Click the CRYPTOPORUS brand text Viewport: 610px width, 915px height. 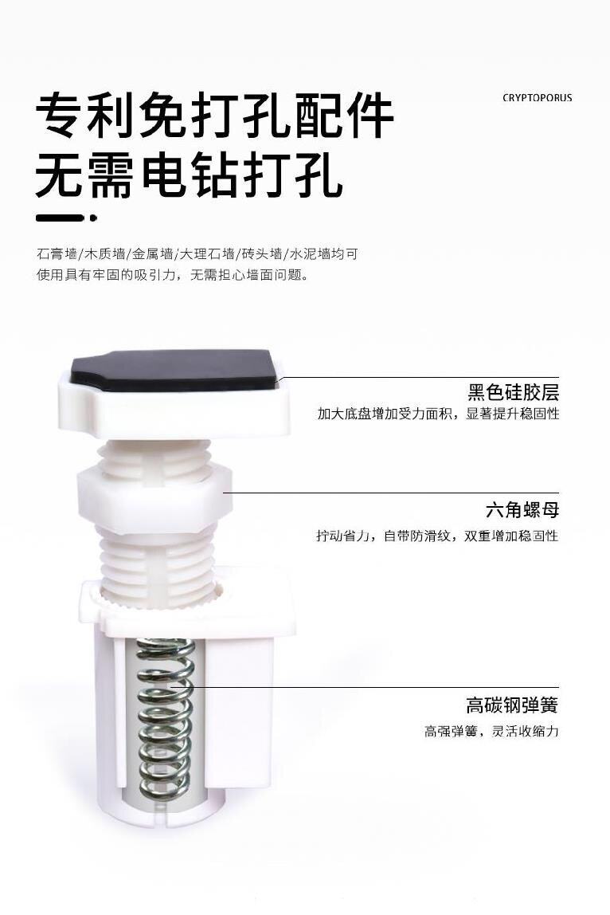click(537, 98)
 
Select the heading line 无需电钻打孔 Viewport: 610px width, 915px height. click(189, 175)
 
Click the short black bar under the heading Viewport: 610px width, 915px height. click(57, 218)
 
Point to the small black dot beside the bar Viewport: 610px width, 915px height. click(93, 218)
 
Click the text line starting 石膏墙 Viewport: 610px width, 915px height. click(197, 253)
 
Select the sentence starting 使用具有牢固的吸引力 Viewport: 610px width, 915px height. click(172, 274)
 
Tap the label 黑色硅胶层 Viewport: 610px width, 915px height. click(513, 392)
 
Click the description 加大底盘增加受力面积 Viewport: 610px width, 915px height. click(438, 414)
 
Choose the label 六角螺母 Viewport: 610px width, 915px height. click(522, 510)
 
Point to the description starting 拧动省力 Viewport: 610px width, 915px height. click(437, 536)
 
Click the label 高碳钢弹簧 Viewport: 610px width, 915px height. click(512, 705)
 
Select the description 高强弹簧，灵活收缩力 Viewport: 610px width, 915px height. click(491, 731)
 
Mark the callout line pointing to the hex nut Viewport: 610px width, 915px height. click(391, 493)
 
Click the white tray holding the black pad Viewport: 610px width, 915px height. click(175, 408)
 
